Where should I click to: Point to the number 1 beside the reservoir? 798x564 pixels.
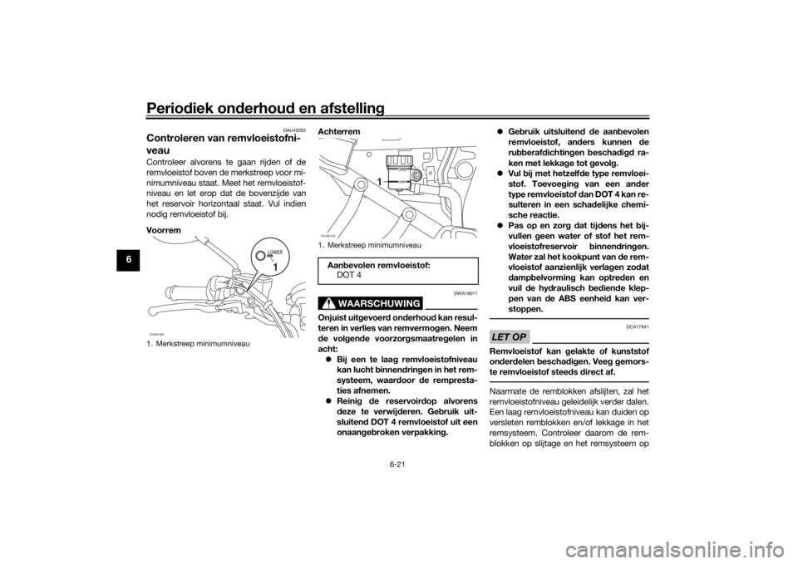click(x=379, y=181)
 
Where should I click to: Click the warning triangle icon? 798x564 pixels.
click(x=330, y=302)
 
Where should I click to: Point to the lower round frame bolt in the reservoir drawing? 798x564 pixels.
click(x=407, y=215)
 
